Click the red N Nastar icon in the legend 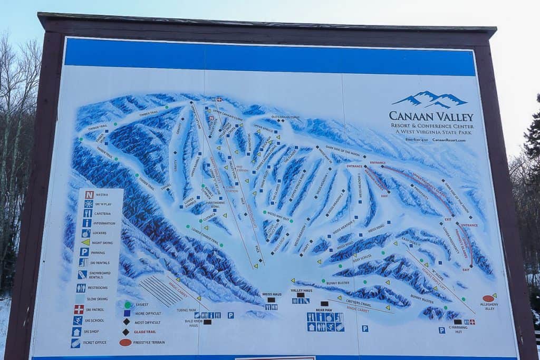pos(89,194)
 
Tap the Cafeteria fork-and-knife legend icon pos(88,213)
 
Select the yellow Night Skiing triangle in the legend pos(85,242)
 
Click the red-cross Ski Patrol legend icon pos(79,309)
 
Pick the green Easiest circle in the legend pos(128,305)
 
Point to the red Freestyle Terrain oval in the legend pos(126,342)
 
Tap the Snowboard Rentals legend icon pos(82,274)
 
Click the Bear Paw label pos(323,310)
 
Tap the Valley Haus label pos(301,290)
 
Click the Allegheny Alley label pos(489,306)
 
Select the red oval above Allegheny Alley pos(488,298)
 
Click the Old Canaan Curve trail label pos(285,117)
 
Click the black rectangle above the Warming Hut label pos(457,322)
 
